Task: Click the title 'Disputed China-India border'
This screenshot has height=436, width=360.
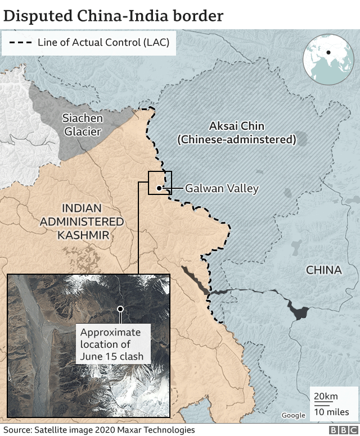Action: [113, 15]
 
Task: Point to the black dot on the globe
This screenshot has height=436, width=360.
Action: [327, 53]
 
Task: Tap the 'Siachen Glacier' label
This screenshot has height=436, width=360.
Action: [82, 125]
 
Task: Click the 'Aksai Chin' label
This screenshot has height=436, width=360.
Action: [236, 126]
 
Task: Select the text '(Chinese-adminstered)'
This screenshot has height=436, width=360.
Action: [237, 139]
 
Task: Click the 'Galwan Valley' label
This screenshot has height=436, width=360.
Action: [222, 189]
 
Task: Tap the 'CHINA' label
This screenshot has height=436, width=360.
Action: [323, 270]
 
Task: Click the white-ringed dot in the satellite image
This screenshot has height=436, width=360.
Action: [119, 308]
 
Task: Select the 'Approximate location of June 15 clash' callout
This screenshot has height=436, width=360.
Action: [111, 344]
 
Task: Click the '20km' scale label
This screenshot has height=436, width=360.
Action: [326, 397]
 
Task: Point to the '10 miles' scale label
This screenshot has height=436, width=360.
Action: [331, 412]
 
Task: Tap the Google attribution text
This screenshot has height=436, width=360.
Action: [293, 415]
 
